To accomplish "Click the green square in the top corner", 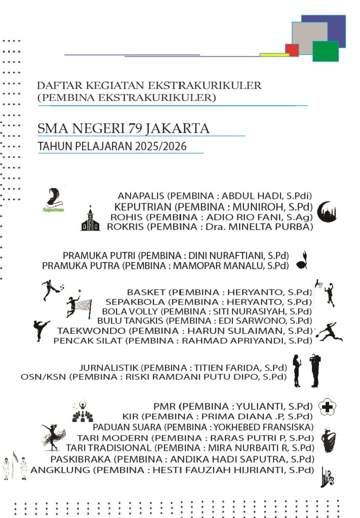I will coord(326,51).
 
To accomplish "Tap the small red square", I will coord(292,50).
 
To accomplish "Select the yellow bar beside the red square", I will coord(274,55).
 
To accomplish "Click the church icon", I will coord(91,219).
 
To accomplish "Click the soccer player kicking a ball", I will coord(52,290).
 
